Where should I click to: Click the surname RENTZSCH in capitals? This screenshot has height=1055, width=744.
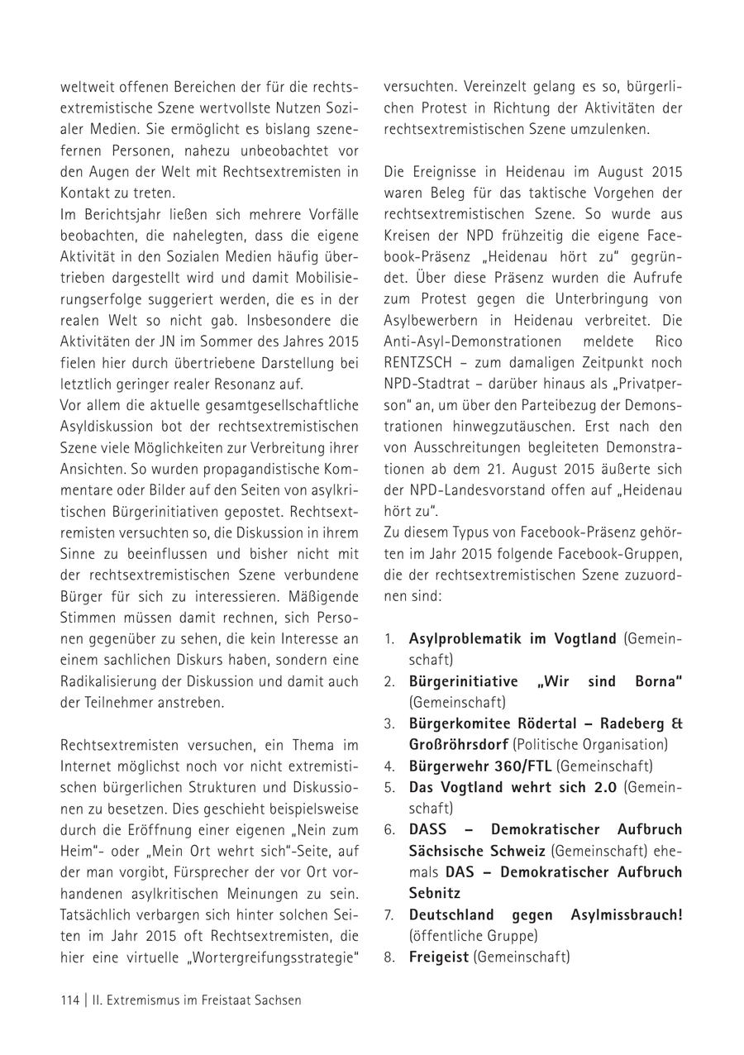(419, 361)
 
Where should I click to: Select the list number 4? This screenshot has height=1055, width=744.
(389, 766)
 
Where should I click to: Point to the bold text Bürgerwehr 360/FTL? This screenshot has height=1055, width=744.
(481, 766)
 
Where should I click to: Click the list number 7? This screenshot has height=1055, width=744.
(389, 914)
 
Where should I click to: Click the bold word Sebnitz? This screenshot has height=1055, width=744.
(434, 893)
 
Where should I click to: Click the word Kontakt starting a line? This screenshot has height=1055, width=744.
(85, 193)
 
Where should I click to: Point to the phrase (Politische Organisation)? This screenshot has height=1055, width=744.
(589, 744)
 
